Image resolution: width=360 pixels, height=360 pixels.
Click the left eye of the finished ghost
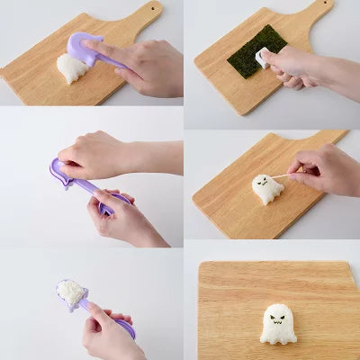(x=272, y=317)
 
